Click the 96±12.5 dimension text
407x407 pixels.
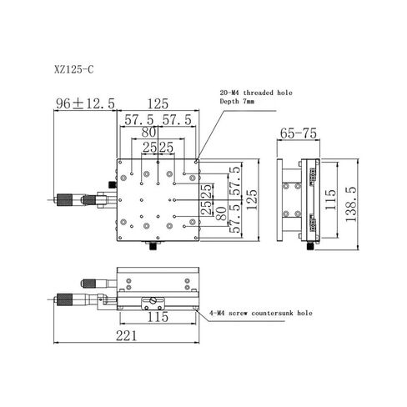pos(85,103)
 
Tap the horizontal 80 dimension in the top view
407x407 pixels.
pos(150,133)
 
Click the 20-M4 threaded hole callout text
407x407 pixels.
pos(255,94)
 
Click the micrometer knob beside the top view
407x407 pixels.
pos(66,199)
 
